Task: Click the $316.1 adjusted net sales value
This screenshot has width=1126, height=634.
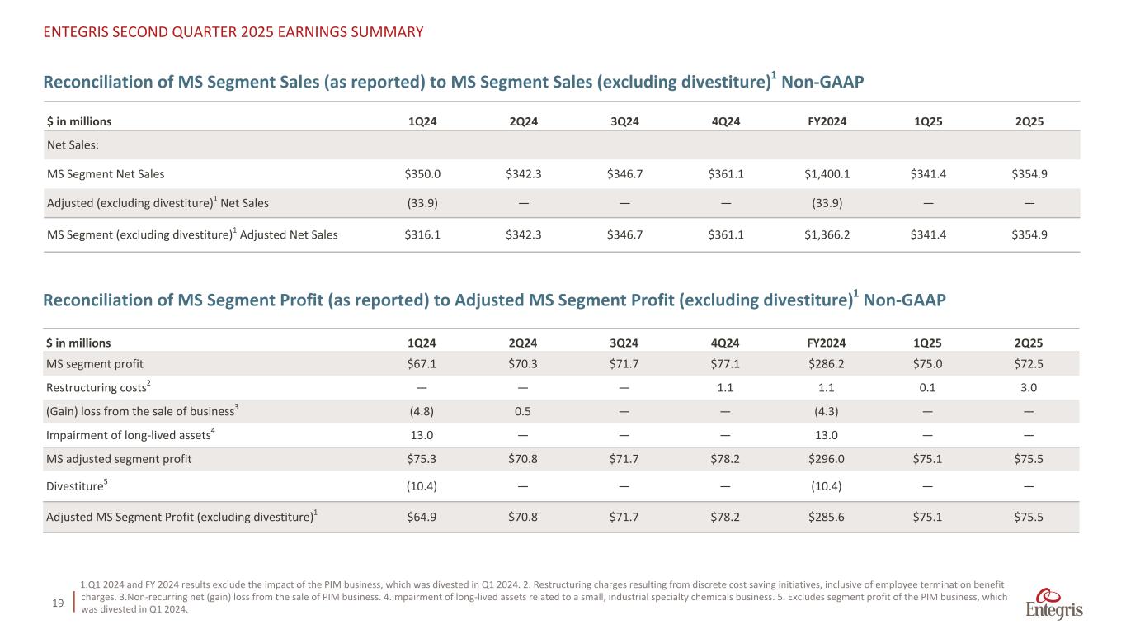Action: pos(422,234)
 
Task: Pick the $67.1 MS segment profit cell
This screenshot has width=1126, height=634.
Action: pos(422,364)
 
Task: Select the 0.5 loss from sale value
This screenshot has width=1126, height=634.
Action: pos(523,411)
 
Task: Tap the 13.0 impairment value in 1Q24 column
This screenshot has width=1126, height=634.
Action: pos(422,435)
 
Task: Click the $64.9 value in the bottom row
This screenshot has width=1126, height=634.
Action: pos(422,517)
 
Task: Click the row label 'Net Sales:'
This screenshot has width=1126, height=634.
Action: pos(71,144)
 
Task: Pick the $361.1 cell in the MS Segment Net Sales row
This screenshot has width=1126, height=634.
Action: pos(724,173)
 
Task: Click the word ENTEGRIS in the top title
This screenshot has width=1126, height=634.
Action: pos(78,32)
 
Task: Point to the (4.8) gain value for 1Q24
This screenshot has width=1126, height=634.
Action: pos(422,411)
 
